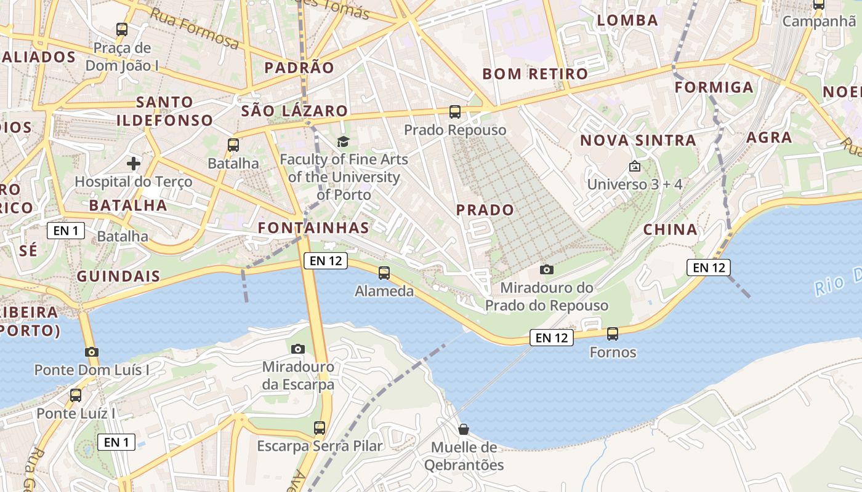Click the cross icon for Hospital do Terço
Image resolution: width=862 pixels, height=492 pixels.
134,164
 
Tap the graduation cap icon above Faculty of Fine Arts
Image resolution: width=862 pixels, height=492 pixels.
343,142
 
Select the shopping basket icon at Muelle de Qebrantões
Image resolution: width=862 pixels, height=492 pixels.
463,429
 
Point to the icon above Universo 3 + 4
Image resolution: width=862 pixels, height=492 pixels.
634,167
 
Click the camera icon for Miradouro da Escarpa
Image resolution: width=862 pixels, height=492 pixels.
298,349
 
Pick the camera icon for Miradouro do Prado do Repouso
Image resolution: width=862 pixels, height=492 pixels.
546,269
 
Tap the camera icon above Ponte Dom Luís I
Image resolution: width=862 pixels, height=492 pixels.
92,352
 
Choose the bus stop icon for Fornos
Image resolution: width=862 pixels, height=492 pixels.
612,334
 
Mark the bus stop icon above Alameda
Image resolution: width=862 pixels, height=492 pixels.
384,272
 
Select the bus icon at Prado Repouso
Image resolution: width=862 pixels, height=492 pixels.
455,112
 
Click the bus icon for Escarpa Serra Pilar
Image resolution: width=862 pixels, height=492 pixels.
320,428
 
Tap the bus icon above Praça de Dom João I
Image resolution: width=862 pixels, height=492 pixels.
122,29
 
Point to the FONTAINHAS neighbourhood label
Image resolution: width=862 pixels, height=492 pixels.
313,228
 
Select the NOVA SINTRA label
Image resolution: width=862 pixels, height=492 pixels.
638,141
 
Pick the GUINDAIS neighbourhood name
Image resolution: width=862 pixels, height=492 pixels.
118,277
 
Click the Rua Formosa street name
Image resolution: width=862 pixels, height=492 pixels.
195,29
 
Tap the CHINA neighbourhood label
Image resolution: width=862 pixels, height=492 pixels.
671,230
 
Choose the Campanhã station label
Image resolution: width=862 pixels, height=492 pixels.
819,22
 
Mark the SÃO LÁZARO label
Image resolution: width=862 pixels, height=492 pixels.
294,111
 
